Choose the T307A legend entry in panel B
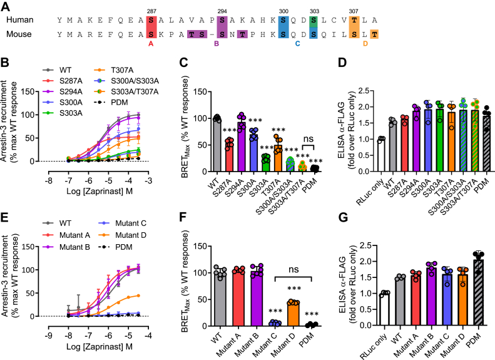point(123,70)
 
